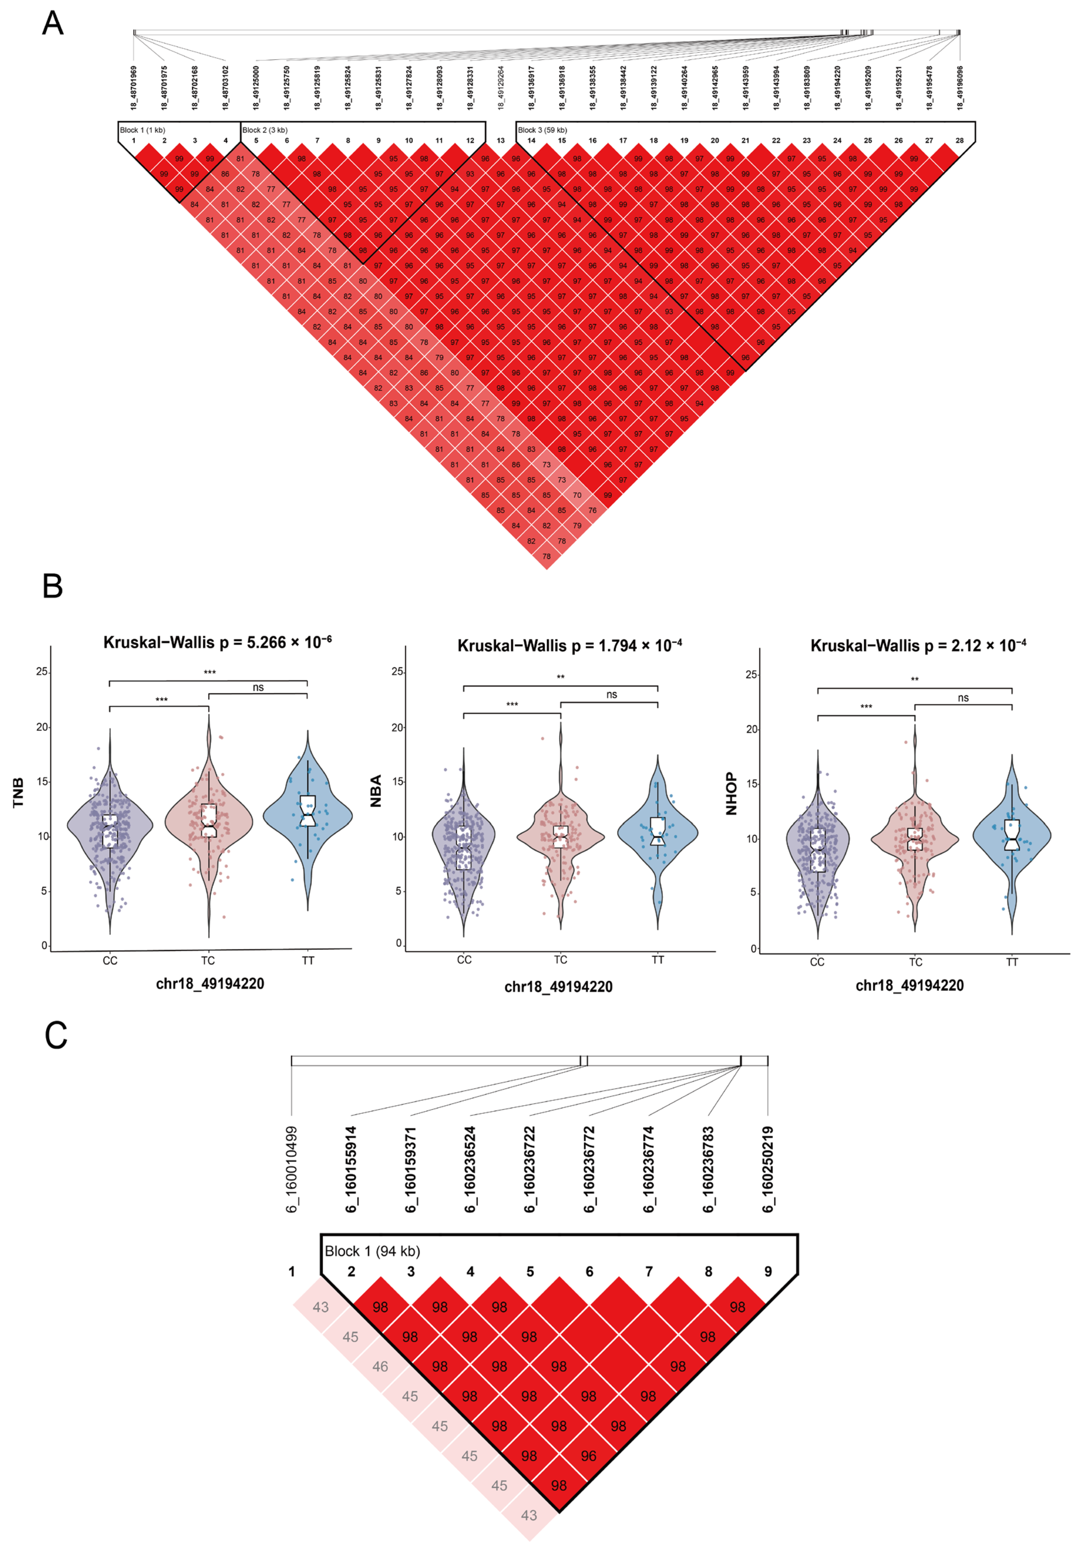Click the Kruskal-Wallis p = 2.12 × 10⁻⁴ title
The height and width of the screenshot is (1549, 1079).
click(x=918, y=646)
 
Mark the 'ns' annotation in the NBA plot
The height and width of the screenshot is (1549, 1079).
click(x=611, y=694)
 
